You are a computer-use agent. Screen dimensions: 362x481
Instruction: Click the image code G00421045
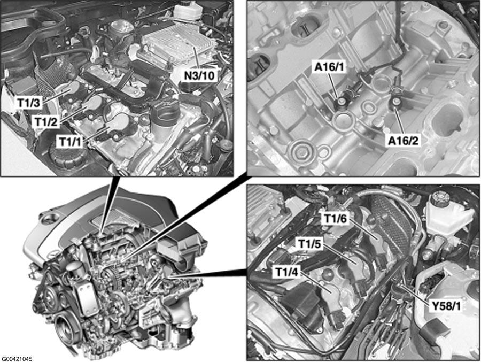(17, 358)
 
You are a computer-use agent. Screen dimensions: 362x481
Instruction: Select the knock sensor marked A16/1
(340, 102)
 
